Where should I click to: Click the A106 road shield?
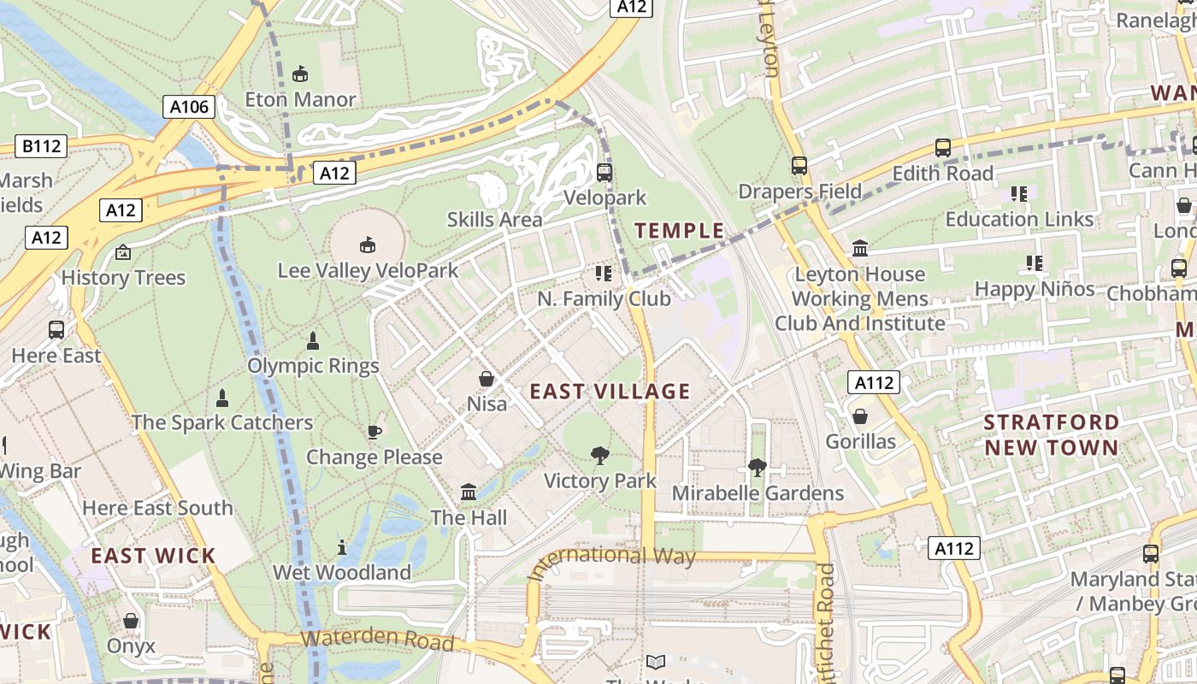point(189,107)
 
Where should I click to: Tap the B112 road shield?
point(41,146)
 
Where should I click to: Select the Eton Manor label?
point(300,99)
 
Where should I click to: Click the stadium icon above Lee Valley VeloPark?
point(368,245)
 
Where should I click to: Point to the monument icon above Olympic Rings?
point(313,341)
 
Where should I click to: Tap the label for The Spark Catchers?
point(222,422)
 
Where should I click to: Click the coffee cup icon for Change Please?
point(374,432)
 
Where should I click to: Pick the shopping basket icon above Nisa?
point(486,378)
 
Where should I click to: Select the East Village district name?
point(610,392)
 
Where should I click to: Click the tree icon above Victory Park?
point(600,456)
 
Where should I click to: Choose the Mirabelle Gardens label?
point(758,493)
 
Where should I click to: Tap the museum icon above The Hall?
point(469,492)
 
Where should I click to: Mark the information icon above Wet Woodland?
point(342,547)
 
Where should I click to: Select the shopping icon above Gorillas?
point(860,416)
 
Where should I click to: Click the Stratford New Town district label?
point(1051,434)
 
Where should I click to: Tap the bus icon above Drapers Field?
point(799,166)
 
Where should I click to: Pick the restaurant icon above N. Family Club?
point(604,274)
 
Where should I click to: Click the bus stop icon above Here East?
point(56,330)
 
